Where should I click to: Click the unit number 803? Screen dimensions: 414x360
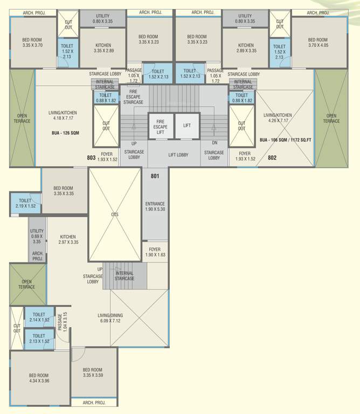pos(91,158)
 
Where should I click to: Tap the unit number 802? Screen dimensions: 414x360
pos(272,158)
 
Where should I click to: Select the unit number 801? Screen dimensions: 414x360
pos(155,176)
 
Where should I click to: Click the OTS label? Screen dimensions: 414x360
pos(114,215)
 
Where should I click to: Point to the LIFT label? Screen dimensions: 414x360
pos(187,125)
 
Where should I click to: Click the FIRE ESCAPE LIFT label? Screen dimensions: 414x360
pos(160,126)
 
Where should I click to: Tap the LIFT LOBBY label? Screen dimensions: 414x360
pos(178,155)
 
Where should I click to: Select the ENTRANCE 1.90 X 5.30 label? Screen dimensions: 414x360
pos(155,206)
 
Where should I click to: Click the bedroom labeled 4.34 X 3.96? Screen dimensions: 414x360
pos(39,378)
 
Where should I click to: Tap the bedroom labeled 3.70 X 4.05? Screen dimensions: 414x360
pos(317,43)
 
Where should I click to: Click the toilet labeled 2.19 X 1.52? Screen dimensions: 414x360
pos(25,203)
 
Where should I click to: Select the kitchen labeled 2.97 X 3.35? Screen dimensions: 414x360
pos(68,239)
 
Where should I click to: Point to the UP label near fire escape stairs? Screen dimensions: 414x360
pos(134,144)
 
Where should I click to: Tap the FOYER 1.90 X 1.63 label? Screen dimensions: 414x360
pos(155,252)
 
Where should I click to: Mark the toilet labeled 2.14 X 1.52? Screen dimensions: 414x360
pos(39,317)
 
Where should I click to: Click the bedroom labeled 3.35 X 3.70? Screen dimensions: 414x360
pos(32,43)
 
